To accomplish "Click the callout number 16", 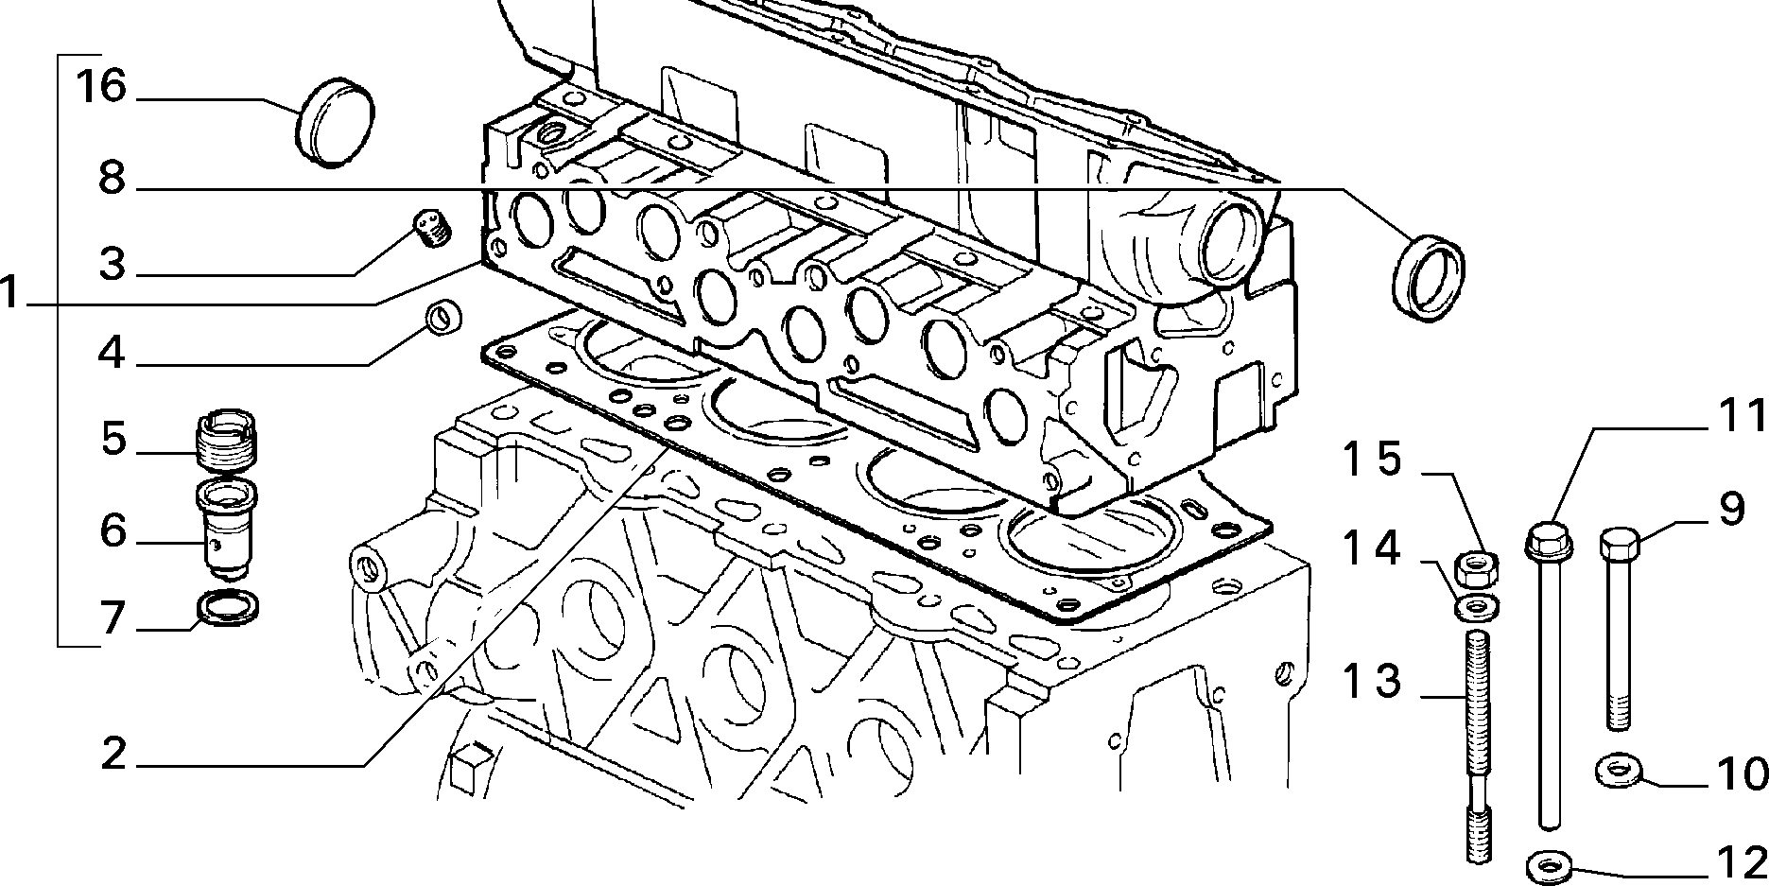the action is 101,86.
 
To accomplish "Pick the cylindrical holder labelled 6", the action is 225,528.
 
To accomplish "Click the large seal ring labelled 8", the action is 1429,280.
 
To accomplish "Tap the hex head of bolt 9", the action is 1620,545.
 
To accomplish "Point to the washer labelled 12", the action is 1549,863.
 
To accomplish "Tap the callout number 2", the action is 113,753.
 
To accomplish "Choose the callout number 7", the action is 113,618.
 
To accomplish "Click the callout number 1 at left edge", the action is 9,292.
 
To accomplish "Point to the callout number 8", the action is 113,177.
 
